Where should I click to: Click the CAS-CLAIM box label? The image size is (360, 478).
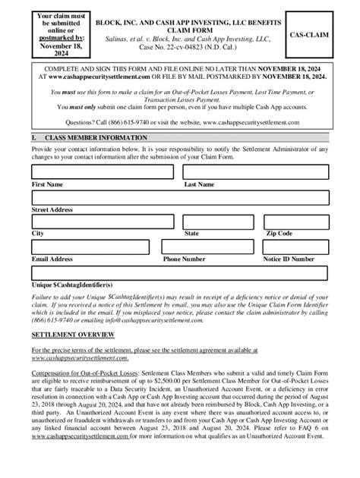pos(320,35)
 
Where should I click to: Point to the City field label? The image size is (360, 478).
pos(37,234)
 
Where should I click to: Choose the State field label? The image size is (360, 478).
pos(191,234)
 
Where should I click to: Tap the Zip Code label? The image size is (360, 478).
pos(279,234)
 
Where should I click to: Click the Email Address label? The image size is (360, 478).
pos(52,259)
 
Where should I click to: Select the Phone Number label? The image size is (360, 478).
pos(185,259)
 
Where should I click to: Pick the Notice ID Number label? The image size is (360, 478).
pos(289,259)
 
